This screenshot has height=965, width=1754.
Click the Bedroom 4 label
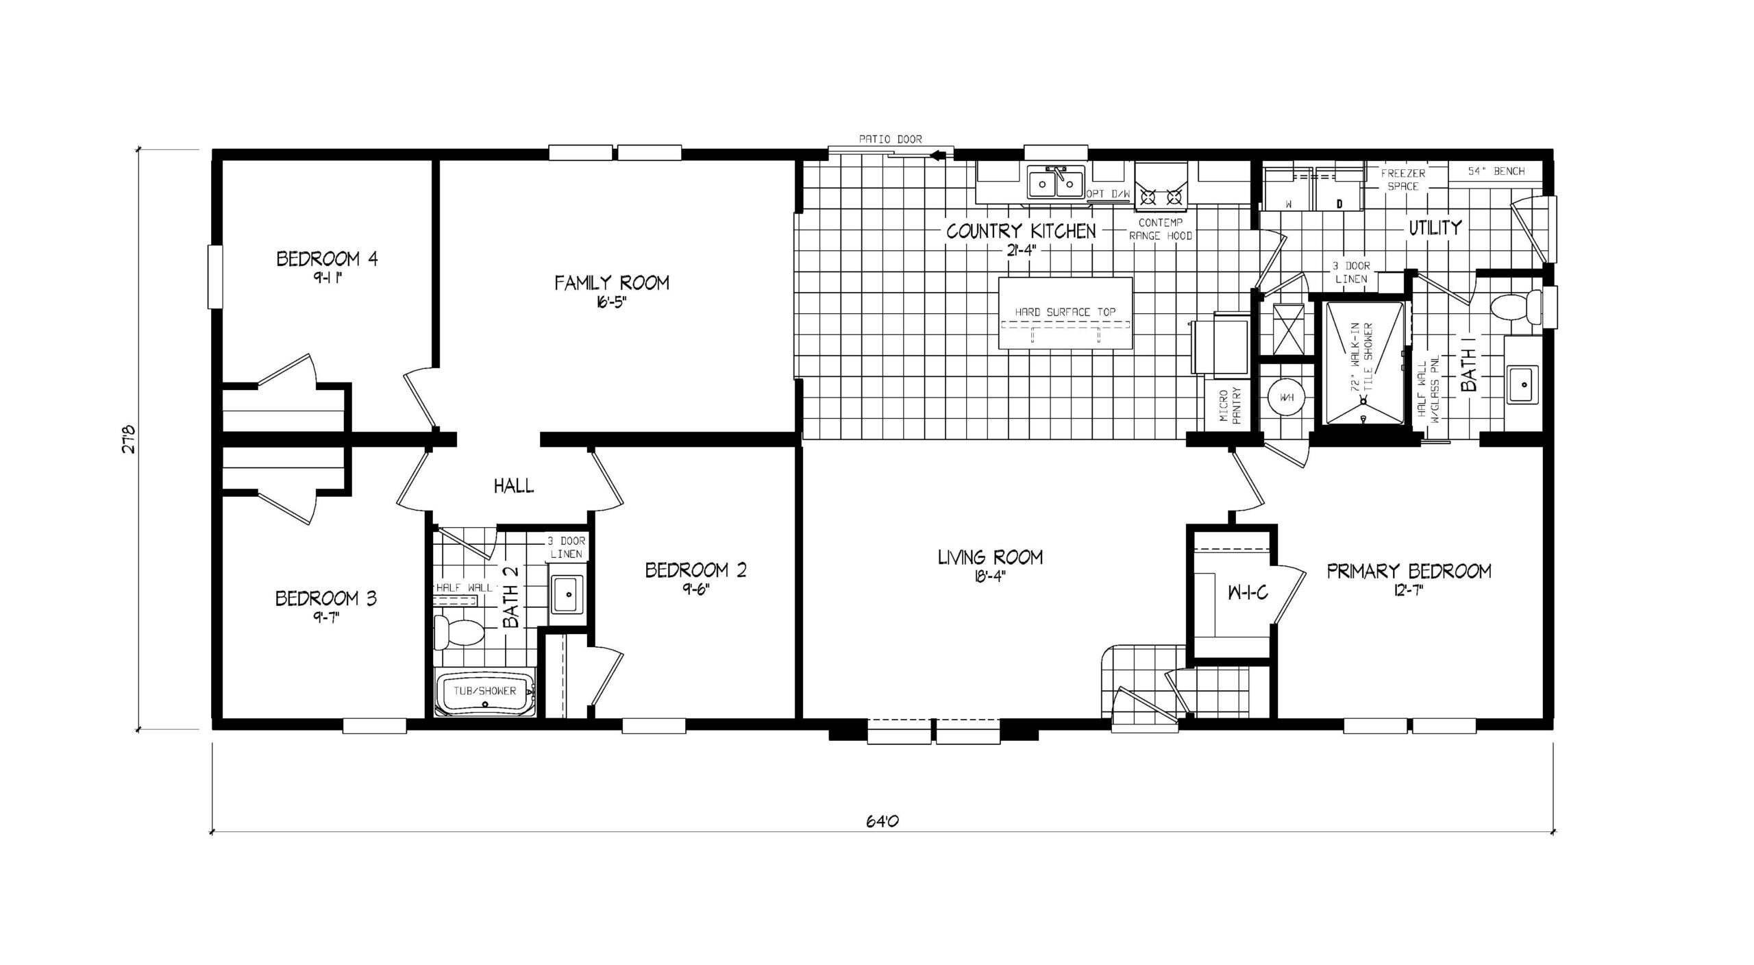327,259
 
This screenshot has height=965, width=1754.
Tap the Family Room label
612,282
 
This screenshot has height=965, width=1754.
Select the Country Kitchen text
1021,231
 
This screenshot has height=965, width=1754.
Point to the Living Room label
990,557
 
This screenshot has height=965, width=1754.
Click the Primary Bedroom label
1409,571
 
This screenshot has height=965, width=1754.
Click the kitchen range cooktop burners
1161,197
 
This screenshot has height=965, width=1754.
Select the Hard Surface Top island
1065,313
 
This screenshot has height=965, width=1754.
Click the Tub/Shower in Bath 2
486,692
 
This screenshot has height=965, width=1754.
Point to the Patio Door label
891,139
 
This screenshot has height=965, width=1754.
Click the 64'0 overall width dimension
882,821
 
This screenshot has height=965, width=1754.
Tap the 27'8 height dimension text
131,439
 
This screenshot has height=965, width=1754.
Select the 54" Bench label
1496,171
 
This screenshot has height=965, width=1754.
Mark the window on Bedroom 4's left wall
216,277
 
